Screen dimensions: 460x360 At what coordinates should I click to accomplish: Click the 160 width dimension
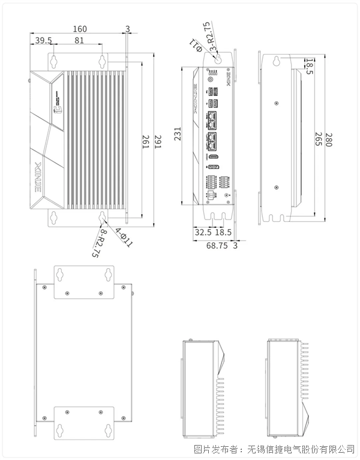click(x=79, y=29)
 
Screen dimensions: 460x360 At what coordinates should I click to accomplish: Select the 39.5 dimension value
click(x=43, y=41)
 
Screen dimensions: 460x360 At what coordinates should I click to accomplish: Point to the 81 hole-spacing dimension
click(x=79, y=41)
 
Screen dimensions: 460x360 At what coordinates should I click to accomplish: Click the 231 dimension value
click(x=178, y=133)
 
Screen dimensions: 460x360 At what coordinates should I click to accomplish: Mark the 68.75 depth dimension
click(x=217, y=245)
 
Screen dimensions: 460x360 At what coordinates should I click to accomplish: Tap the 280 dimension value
click(x=330, y=139)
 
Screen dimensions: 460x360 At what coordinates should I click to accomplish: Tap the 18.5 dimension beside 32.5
click(x=223, y=231)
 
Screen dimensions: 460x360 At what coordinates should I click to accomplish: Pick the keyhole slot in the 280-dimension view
click(x=277, y=62)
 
